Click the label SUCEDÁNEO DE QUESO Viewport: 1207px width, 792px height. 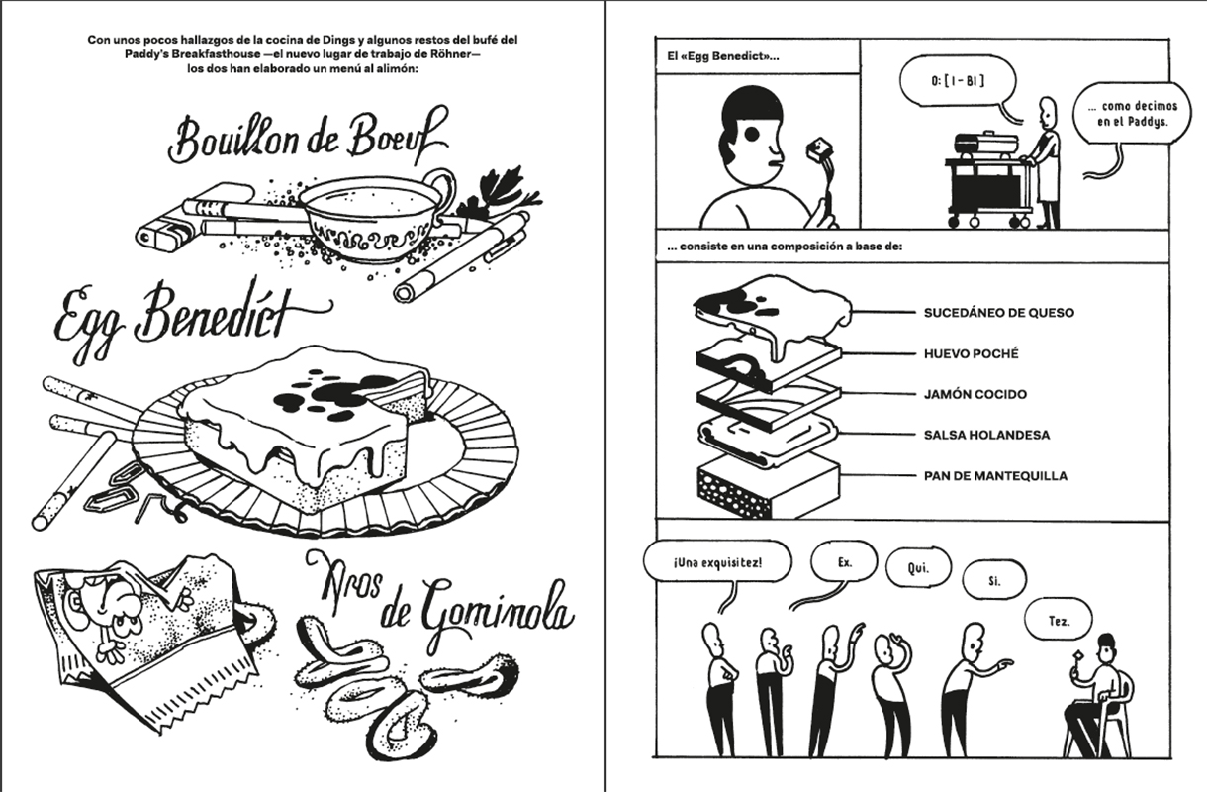[x=998, y=313]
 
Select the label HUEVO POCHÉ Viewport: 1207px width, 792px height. [x=971, y=353]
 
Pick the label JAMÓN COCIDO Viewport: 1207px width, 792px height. [x=975, y=394]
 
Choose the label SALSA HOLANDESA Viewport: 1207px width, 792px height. [x=986, y=435]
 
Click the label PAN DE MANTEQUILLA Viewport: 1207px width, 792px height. [x=995, y=475]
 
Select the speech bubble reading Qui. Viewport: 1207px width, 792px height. [x=917, y=569]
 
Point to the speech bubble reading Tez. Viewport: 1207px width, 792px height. [x=1058, y=621]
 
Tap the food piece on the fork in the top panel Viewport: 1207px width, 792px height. [x=819, y=150]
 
